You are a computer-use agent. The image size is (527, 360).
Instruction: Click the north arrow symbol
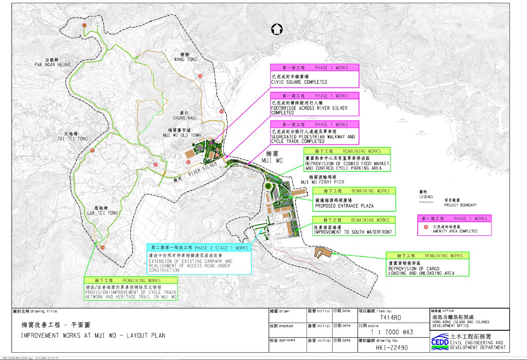(277, 29)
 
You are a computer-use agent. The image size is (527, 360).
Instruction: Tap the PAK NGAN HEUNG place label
(52, 64)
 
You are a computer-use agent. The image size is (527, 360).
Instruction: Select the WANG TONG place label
(185, 59)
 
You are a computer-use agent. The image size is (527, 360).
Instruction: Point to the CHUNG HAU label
(184, 118)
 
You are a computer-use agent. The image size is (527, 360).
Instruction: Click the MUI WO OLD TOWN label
(182, 135)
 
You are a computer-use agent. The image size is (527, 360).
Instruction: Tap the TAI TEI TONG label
(73, 138)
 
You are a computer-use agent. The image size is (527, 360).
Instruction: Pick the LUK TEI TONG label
(103, 213)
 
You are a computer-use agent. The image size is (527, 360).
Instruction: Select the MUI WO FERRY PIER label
(322, 182)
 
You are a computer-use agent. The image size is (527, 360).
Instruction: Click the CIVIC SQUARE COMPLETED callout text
(299, 82)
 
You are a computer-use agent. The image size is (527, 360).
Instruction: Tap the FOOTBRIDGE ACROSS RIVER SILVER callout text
(309, 108)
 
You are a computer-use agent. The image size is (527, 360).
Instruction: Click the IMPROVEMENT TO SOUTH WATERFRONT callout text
(353, 232)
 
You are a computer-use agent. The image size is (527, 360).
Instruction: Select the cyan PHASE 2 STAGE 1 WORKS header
(200, 248)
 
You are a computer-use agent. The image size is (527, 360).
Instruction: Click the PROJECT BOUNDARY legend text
(460, 205)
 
